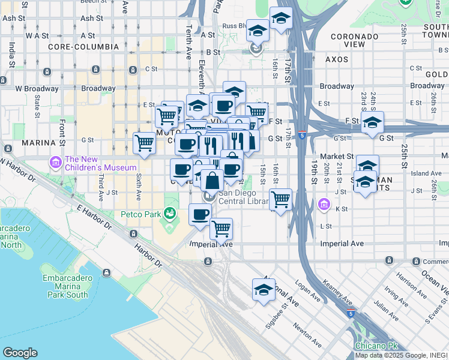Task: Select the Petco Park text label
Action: click(141, 213)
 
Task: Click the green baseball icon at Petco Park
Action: click(170, 213)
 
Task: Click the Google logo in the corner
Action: click(20, 353)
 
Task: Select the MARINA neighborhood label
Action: click(38, 143)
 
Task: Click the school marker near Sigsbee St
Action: click(264, 290)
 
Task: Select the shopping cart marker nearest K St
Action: click(280, 199)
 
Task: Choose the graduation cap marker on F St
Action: click(372, 122)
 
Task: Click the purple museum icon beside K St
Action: click(324, 205)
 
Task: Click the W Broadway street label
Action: click(35, 88)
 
